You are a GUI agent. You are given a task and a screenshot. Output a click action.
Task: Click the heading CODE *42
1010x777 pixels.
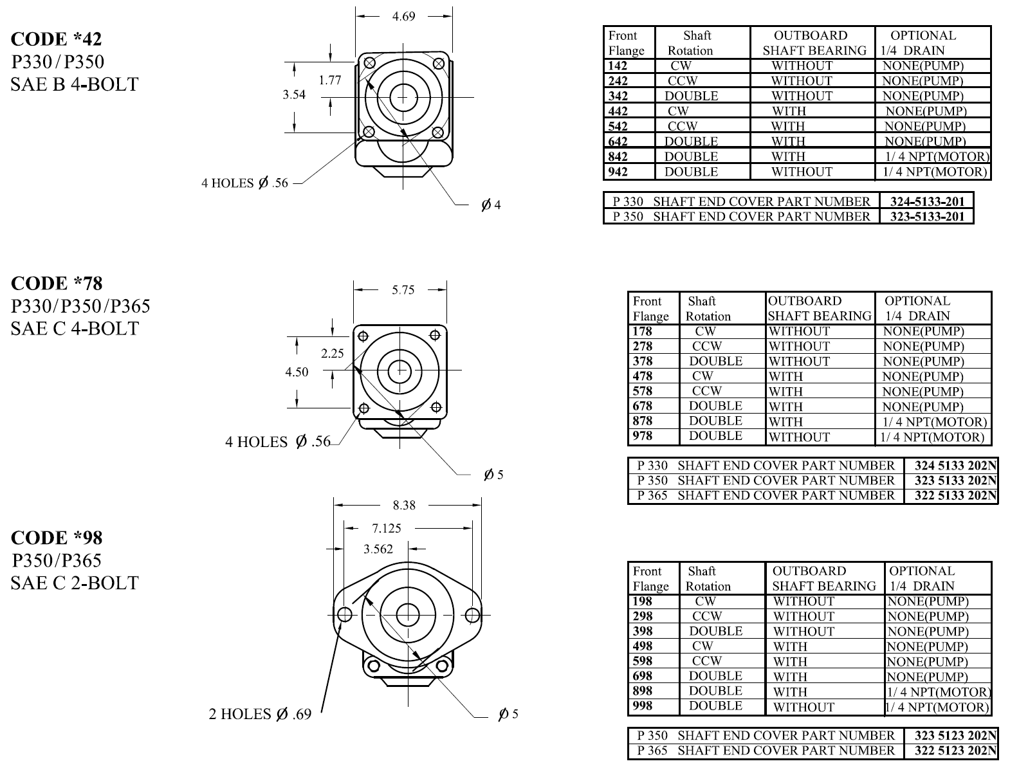[x=56, y=39]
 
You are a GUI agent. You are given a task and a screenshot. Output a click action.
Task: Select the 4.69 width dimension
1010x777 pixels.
[x=404, y=17]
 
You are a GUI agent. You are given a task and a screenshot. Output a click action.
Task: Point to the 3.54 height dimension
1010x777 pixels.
[x=294, y=95]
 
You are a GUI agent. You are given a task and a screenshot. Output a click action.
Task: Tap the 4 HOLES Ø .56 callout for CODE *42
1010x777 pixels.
[x=244, y=183]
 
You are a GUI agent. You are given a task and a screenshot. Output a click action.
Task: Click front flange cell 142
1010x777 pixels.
[x=618, y=66]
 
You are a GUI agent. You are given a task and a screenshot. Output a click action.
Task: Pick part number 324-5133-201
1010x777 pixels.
[x=927, y=201]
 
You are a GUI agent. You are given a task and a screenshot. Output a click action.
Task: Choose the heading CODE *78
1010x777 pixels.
[x=57, y=283]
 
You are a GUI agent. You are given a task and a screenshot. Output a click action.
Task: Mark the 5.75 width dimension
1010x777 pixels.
[x=403, y=290]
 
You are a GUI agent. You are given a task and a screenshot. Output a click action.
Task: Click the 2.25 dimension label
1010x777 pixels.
[x=333, y=353]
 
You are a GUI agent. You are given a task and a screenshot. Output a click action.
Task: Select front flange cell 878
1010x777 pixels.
[x=643, y=421]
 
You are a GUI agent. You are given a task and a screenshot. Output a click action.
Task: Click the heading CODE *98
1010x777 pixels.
[x=57, y=537]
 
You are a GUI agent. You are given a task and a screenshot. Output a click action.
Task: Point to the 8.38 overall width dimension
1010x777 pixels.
[x=404, y=506]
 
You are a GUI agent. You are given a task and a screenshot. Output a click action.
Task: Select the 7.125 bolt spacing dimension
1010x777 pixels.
[x=387, y=529]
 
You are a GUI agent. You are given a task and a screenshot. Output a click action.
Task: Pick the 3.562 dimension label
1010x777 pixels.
[x=378, y=549]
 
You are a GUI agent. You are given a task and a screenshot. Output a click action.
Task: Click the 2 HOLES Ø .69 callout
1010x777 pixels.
[x=260, y=714]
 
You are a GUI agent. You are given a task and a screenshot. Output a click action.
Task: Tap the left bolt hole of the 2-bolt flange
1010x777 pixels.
[x=344, y=615]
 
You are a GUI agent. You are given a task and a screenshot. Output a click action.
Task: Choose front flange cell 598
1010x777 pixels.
[x=643, y=661]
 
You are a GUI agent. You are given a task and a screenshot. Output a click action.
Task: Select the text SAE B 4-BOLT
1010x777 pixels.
[x=75, y=84]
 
